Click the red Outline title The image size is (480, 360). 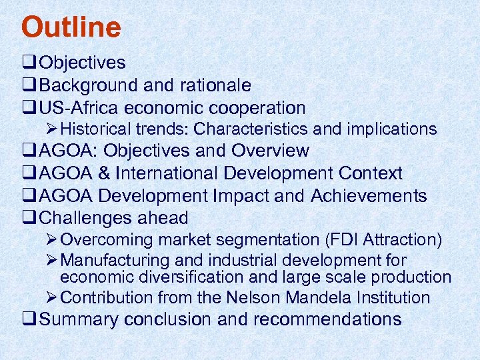pos(71,27)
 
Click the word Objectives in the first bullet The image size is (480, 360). pos(83,63)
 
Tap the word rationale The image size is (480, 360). pos(215,85)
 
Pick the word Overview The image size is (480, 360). pos(270,151)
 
